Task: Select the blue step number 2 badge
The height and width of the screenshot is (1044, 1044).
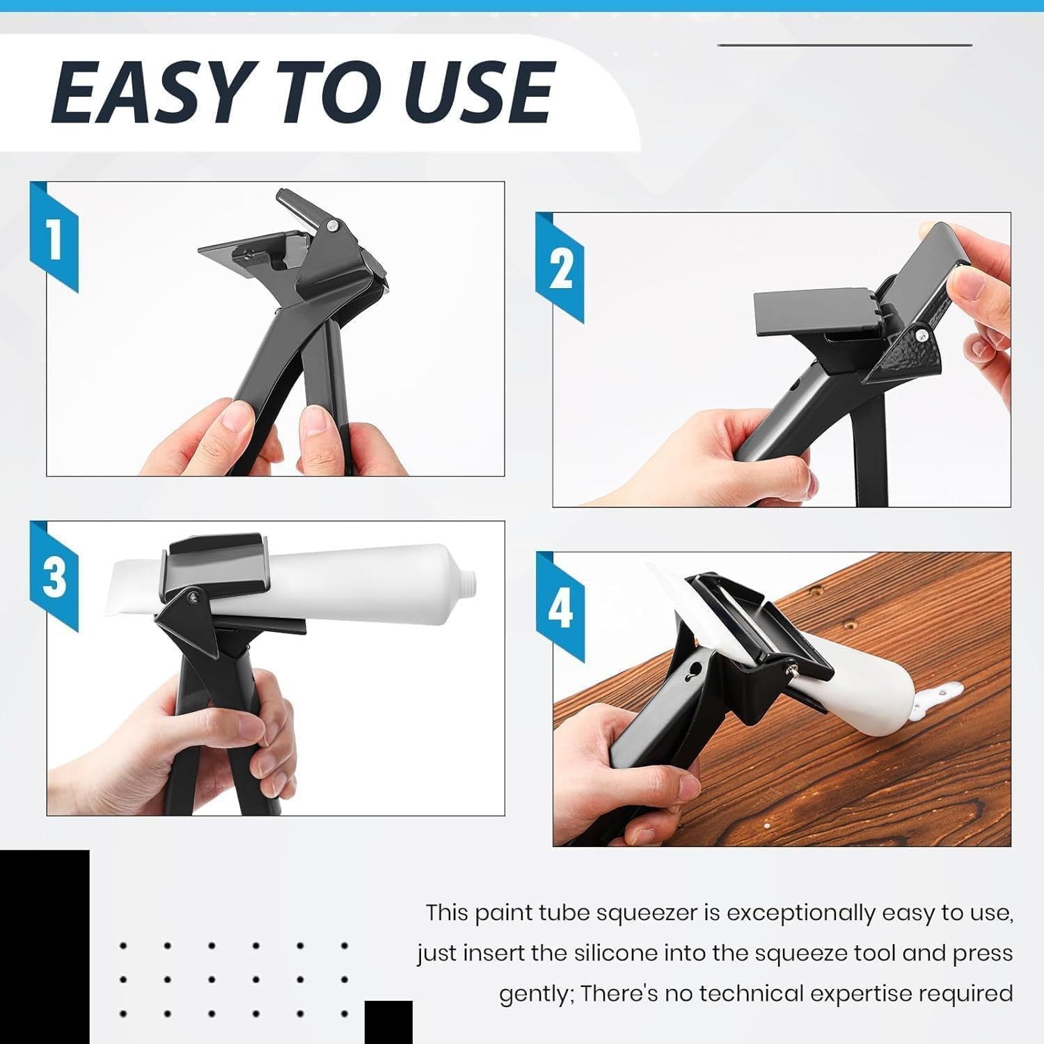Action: coord(560,268)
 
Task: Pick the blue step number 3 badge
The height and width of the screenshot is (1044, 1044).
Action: coord(54,576)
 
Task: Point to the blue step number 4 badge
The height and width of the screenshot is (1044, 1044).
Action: coord(560,607)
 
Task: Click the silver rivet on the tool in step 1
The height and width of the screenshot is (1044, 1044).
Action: coord(335,226)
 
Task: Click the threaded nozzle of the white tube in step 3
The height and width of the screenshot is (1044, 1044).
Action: coord(471,577)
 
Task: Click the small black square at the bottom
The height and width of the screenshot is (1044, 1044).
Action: coord(388,1022)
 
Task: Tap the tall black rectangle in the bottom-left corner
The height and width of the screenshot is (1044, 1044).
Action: coord(45,947)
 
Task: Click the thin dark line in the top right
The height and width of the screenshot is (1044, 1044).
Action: coord(844,45)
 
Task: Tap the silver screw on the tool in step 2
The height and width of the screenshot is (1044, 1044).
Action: coord(921,335)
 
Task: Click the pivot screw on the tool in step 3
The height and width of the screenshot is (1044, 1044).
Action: coord(193,595)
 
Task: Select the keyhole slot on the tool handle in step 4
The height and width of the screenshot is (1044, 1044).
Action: coord(690,670)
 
